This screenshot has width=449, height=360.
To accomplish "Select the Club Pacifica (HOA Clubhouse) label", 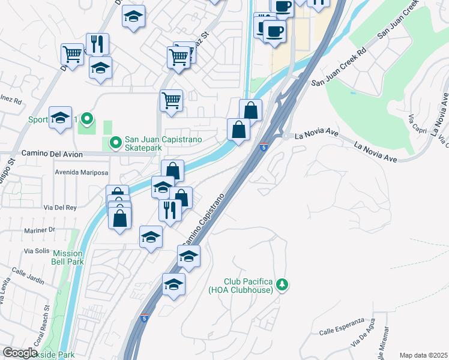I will (249, 286).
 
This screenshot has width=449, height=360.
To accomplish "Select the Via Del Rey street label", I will (60, 208).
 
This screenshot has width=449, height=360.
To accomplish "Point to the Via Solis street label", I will (36, 250).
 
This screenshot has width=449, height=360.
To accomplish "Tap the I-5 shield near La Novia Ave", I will (264, 147).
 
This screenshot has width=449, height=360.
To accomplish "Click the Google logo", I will (20, 353).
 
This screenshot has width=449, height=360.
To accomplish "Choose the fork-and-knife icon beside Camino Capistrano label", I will (170, 209).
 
